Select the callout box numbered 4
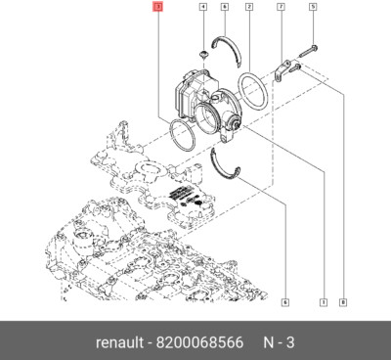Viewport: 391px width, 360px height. click(x=202, y=8)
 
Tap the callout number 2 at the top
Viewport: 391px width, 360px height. click(x=248, y=8)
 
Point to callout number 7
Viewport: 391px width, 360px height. click(x=281, y=8)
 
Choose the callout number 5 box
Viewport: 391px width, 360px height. click(x=313, y=8)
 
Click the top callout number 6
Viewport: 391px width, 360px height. click(x=224, y=8)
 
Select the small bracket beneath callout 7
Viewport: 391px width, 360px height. click(x=282, y=70)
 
